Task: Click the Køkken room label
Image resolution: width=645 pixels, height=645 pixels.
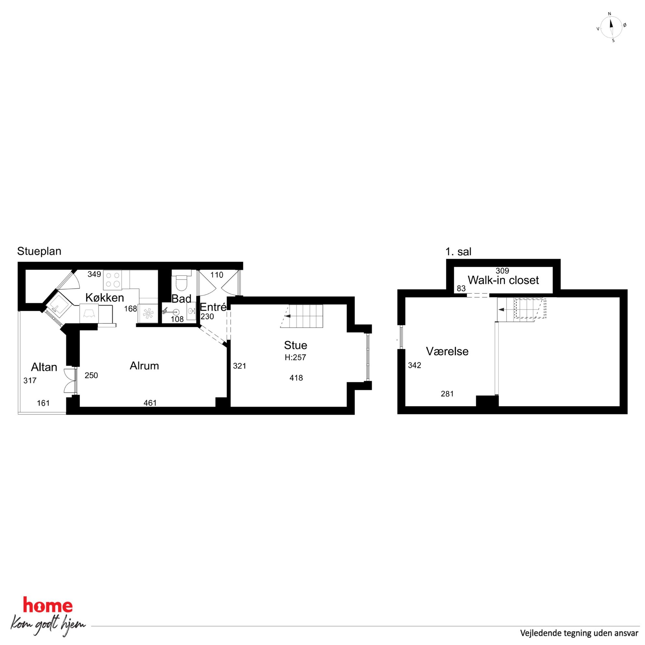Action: click(104, 297)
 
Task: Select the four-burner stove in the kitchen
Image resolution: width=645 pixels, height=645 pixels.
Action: click(112, 280)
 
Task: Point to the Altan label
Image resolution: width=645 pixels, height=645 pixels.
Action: click(44, 367)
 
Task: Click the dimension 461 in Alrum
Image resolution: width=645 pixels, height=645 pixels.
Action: click(150, 403)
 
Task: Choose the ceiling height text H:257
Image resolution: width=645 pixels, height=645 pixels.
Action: click(295, 357)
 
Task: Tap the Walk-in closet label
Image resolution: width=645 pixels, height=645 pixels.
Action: click(503, 280)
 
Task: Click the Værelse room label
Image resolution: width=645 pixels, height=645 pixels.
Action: click(447, 351)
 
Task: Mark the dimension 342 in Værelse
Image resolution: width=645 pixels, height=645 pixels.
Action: click(414, 365)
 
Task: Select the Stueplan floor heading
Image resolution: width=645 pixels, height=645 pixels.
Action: click(39, 251)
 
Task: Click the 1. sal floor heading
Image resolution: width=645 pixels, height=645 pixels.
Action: click(458, 252)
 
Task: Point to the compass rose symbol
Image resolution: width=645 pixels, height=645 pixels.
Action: click(611, 27)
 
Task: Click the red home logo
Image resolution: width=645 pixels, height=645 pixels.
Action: click(48, 605)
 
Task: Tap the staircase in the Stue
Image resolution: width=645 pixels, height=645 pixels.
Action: click(302, 316)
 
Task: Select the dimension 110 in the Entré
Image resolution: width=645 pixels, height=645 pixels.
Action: click(217, 275)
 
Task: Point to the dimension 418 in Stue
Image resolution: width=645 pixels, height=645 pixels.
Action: click(296, 377)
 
